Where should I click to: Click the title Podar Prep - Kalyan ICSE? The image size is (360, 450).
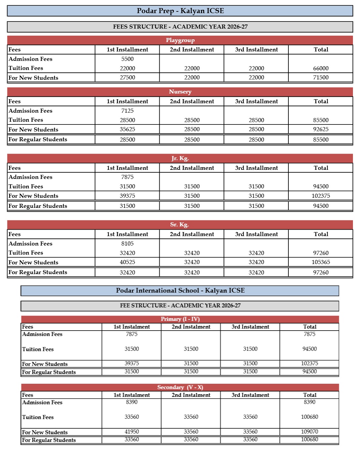[x=180, y=11]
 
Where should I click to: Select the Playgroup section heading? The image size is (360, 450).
[x=180, y=40]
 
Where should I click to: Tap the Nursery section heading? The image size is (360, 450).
[x=180, y=92]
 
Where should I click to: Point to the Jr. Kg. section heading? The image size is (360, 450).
[x=180, y=158]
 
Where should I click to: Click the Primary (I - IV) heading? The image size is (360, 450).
[x=180, y=319]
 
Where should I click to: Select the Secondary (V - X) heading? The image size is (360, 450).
[x=180, y=387]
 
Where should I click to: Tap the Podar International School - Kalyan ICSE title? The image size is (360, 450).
[x=180, y=291]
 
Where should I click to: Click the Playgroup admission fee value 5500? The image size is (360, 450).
[x=127, y=59]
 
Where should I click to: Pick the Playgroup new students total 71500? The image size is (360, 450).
[x=321, y=77]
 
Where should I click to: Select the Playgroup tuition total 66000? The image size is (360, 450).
[x=321, y=68]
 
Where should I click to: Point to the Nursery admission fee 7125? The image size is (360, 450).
[x=127, y=111]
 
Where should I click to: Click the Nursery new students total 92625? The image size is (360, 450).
[x=321, y=129]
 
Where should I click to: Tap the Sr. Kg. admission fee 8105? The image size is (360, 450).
[x=127, y=243]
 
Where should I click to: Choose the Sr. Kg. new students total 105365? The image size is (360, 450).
[x=321, y=262]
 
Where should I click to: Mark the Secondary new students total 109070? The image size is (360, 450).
[x=310, y=432]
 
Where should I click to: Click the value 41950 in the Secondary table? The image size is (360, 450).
[x=132, y=432]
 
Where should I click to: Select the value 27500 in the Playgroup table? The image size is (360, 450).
[x=127, y=77]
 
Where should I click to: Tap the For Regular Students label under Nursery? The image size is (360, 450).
[x=38, y=139]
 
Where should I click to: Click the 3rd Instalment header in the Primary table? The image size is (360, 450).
[x=250, y=327]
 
